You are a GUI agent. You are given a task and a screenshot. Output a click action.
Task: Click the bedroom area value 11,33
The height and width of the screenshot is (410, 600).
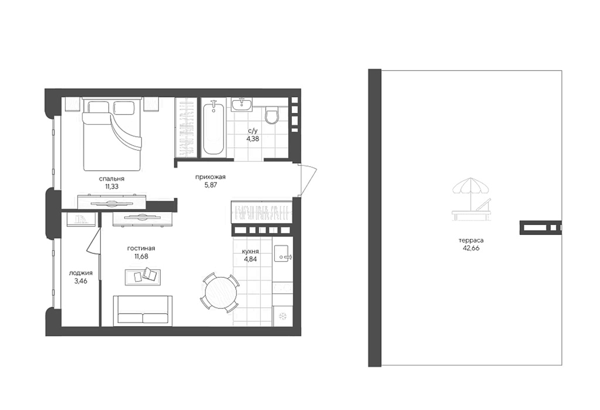(112, 187)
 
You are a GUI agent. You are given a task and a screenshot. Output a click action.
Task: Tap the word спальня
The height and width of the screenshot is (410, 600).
(112, 179)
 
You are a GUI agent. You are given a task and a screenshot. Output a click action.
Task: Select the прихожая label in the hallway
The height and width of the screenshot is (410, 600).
(210, 177)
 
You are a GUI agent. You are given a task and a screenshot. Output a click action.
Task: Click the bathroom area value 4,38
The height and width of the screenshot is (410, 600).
(253, 139)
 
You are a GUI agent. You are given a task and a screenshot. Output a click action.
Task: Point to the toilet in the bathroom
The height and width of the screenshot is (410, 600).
(272, 115)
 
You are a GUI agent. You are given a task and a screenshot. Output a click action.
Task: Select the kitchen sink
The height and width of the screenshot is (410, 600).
(282, 254)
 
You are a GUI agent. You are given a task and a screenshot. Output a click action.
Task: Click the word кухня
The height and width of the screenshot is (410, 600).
(250, 252)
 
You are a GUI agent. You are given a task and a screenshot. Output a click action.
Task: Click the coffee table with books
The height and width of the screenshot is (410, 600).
(143, 277)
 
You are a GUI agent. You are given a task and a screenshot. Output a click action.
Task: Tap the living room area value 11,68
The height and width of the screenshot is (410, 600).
(141, 257)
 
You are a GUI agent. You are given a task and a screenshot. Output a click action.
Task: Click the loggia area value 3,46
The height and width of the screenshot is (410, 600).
(81, 281)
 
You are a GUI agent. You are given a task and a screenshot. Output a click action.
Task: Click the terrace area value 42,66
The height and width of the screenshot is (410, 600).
(471, 248)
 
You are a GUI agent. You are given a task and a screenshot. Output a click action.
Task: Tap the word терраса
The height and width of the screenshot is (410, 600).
(471, 240)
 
